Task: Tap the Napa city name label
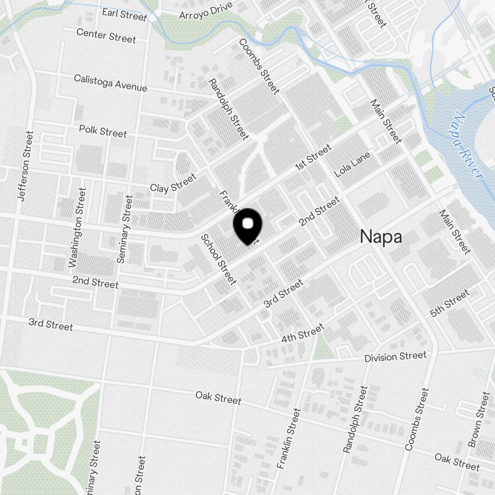click(381, 237)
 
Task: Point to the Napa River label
click(468, 147)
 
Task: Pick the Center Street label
click(106, 35)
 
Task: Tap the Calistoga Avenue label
click(110, 83)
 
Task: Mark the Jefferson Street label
click(24, 166)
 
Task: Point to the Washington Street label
click(78, 227)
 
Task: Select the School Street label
click(218, 259)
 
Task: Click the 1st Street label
click(313, 158)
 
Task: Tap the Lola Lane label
click(352, 165)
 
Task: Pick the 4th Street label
click(302, 333)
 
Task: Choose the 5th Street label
click(449, 303)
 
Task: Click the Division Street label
click(395, 356)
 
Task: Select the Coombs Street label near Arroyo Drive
click(259, 66)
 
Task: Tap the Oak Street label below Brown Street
click(457, 461)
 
